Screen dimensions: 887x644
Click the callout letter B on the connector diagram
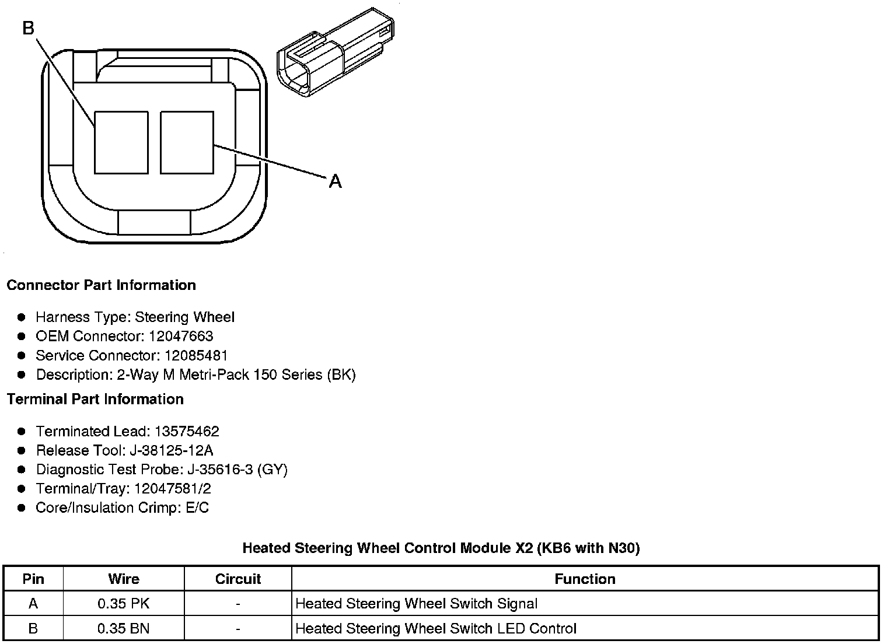[29, 27]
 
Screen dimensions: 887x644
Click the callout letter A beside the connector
[335, 182]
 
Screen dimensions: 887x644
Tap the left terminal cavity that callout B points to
[121, 143]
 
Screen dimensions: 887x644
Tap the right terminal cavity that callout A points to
[187, 143]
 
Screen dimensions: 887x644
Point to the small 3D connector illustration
[334, 52]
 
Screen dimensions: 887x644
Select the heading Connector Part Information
[101, 285]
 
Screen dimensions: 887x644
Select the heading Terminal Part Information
[95, 399]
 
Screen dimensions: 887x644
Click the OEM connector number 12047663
[181, 337]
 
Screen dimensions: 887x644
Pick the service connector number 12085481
[196, 356]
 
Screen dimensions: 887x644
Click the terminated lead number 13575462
[187, 432]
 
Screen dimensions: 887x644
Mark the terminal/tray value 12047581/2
[173, 489]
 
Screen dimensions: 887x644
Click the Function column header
[585, 579]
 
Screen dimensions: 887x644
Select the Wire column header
[124, 579]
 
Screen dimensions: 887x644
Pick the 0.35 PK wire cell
[124, 604]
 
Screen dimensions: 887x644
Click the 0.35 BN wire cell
[124, 628]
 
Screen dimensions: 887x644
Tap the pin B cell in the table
[33, 628]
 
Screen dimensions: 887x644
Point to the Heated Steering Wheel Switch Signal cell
[417, 604]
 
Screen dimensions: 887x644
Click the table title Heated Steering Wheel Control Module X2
[441, 548]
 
